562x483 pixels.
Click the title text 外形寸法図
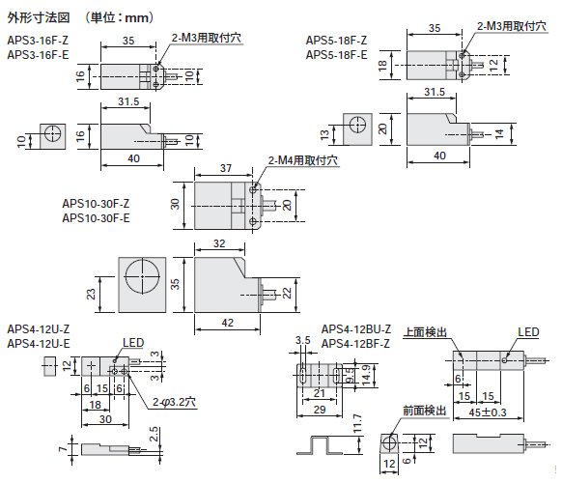coord(39,16)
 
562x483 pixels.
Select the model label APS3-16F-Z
coord(38,40)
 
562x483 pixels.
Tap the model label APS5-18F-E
coord(337,55)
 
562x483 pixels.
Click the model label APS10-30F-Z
coord(96,204)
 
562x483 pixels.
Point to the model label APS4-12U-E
coord(38,343)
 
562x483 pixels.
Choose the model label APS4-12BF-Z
coord(355,343)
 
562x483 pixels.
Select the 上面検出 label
coord(426,332)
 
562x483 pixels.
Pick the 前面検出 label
coord(426,411)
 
